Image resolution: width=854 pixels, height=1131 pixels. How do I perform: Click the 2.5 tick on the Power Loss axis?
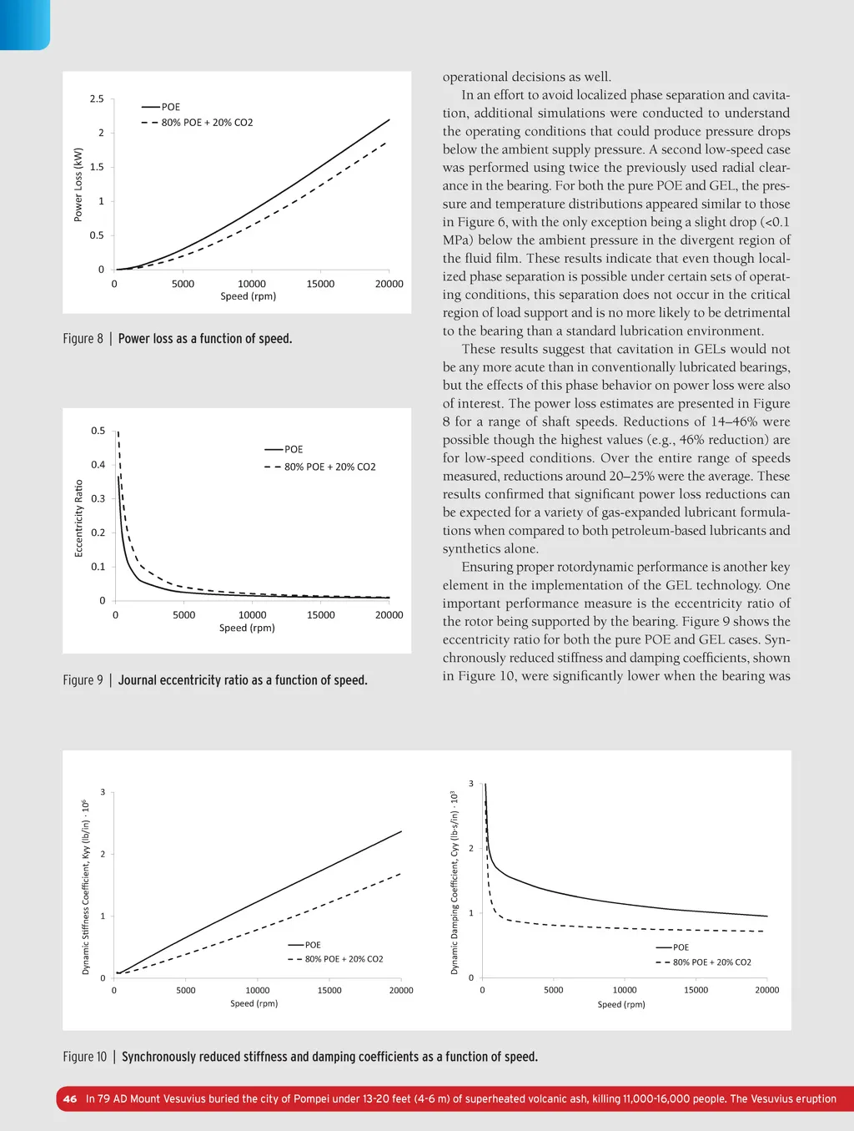click(97, 98)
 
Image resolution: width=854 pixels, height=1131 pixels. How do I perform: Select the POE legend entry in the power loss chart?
click(170, 107)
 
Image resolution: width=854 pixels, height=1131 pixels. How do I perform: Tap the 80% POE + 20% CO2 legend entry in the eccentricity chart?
click(329, 467)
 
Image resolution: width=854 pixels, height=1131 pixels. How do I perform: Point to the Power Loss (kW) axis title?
click(78, 184)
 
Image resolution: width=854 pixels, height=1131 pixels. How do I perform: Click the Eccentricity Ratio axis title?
click(78, 518)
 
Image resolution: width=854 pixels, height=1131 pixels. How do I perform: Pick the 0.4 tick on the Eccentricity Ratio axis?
click(98, 465)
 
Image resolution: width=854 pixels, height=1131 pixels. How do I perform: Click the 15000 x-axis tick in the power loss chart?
click(320, 284)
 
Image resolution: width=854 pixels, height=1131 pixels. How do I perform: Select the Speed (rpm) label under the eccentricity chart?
click(247, 628)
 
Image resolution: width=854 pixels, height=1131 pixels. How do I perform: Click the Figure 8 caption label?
click(83, 339)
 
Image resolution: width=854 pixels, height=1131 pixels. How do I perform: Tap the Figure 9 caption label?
click(83, 680)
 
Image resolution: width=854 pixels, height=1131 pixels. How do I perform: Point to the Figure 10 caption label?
click(84, 1057)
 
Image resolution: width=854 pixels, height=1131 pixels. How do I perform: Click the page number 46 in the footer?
click(70, 1098)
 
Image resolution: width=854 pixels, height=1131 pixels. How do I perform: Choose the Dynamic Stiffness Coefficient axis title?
click(85, 887)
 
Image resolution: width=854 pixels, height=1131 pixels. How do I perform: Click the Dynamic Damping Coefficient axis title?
click(455, 882)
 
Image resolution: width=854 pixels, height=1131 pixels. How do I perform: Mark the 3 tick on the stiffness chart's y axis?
click(103, 792)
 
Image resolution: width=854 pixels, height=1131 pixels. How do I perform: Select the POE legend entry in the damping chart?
click(681, 947)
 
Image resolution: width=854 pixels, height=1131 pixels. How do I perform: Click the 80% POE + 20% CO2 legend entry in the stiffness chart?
click(344, 959)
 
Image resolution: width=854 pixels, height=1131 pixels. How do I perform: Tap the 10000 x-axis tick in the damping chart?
click(625, 990)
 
